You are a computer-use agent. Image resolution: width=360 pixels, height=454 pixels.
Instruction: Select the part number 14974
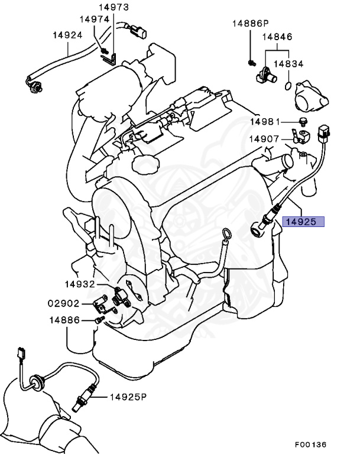pyautogui.click(x=95, y=19)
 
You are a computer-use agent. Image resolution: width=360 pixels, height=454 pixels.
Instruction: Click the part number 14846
pyautogui.click(x=277, y=37)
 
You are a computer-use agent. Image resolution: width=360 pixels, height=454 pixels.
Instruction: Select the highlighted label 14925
pyautogui.click(x=303, y=222)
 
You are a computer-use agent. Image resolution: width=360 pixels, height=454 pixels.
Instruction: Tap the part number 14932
pyautogui.click(x=80, y=284)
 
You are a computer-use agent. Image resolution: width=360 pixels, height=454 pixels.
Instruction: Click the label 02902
pyautogui.click(x=63, y=304)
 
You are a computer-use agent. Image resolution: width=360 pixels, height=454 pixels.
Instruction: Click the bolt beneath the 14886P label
pyautogui.click(x=251, y=61)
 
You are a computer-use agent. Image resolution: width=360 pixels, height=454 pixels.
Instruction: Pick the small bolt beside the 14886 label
pyautogui.click(x=98, y=320)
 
